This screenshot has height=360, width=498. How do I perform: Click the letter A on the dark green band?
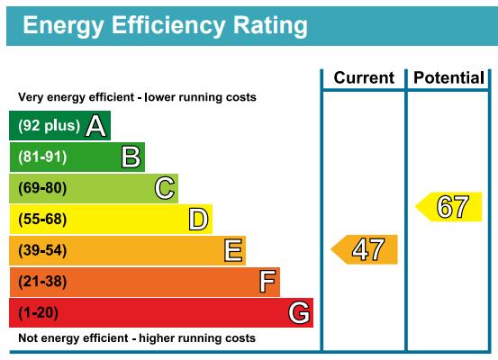[95, 126]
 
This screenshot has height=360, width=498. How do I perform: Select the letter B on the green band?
[131, 157]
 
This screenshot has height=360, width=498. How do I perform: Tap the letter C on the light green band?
[165, 188]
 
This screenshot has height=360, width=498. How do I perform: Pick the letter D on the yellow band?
[198, 219]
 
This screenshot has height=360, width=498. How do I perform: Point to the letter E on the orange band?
[233, 250]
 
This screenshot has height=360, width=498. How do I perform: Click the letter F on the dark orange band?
[267, 282]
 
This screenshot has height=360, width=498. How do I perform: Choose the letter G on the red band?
[299, 312]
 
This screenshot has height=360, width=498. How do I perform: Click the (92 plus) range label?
[49, 126]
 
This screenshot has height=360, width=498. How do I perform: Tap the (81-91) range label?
[42, 157]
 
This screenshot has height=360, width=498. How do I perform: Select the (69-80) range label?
[42, 188]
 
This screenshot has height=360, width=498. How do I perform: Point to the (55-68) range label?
[42, 219]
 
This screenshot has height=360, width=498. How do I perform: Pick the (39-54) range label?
[42, 250]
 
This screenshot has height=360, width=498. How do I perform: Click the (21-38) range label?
[42, 282]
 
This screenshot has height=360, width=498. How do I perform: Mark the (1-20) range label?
[38, 312]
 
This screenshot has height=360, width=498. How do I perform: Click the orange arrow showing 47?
[365, 249]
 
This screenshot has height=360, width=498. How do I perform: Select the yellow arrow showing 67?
[448, 207]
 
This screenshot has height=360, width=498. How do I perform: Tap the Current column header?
[364, 77]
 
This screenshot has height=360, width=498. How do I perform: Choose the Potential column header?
[448, 78]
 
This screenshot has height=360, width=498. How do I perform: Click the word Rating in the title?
[270, 27]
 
